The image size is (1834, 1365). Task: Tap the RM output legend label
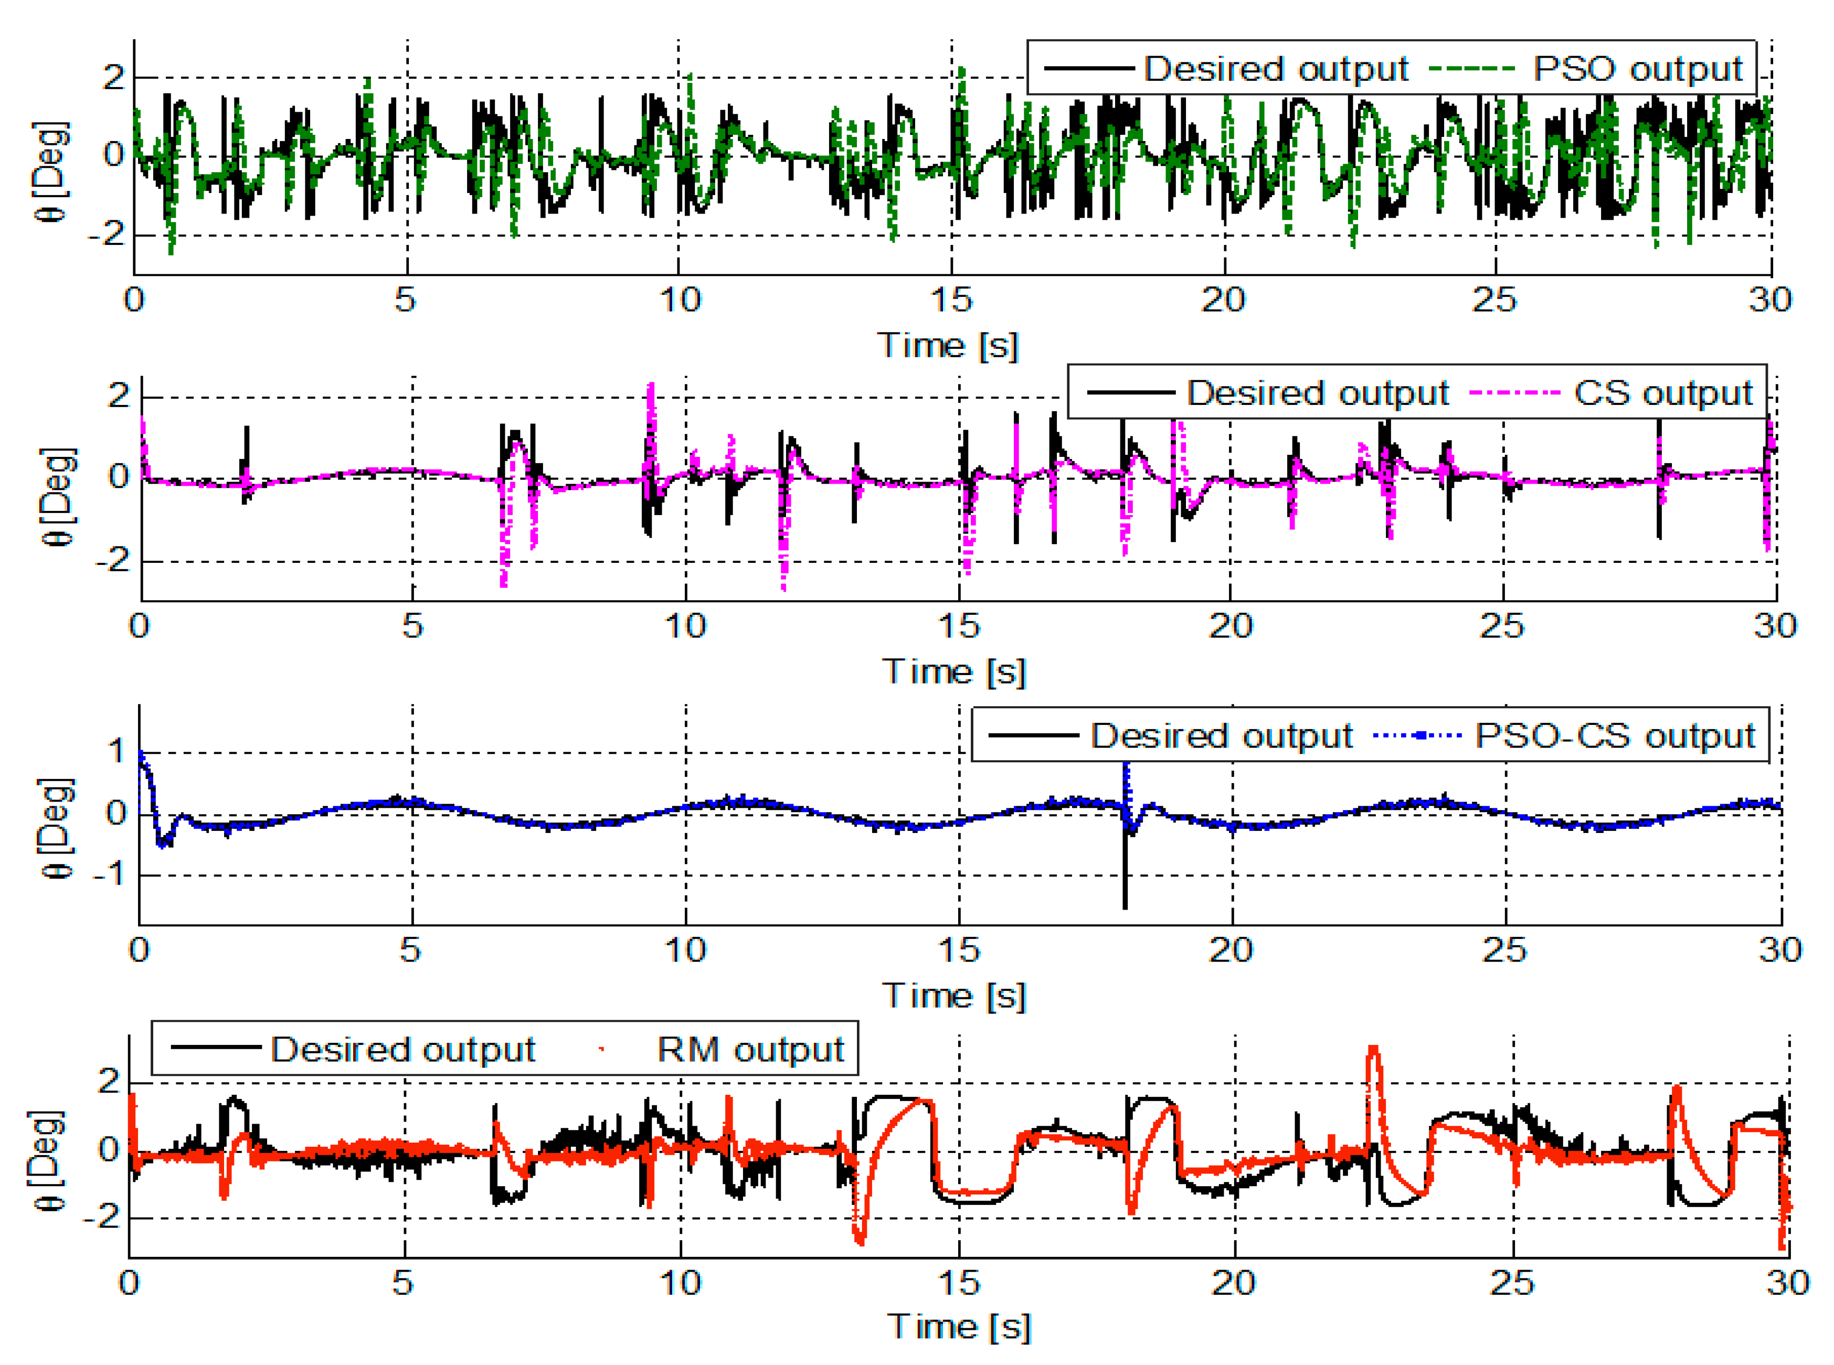[750, 1049]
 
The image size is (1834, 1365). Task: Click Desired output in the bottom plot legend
[402, 1049]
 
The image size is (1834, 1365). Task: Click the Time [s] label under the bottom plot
[959, 1326]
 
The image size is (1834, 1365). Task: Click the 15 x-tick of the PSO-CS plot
[959, 950]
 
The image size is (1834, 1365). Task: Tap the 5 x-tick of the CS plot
[412, 625]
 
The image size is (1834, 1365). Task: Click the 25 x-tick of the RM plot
[1512, 1283]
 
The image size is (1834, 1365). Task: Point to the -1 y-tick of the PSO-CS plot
[108, 873]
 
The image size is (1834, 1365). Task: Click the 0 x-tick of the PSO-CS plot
[139, 950]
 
